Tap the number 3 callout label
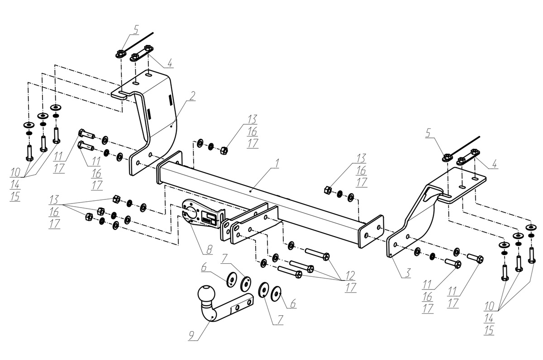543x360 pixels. click(408, 273)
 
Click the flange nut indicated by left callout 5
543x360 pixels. click(120, 53)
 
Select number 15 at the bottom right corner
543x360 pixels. click(489, 331)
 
